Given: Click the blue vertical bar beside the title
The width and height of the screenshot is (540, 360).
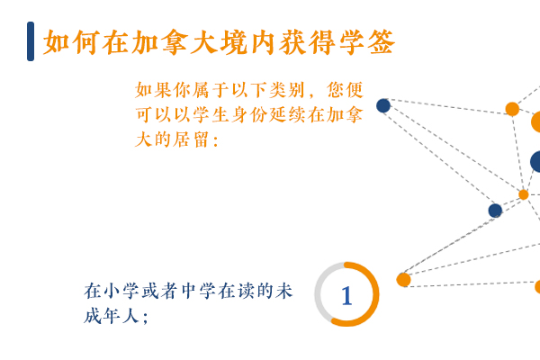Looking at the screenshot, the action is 31,41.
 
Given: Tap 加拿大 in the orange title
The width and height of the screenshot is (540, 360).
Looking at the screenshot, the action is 174,42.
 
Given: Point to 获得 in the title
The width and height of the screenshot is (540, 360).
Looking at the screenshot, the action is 308,42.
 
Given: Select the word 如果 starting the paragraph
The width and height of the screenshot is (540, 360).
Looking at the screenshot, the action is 153,90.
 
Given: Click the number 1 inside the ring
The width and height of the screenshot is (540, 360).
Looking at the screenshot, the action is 346,295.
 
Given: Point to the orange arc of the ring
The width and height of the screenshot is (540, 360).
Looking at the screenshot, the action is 375,294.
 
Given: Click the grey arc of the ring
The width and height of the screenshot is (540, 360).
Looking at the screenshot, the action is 317,294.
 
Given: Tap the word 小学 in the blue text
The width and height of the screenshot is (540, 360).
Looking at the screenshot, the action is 121,291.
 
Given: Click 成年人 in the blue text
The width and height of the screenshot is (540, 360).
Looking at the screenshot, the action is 112,316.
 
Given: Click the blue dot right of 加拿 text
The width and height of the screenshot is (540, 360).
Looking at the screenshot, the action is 383,106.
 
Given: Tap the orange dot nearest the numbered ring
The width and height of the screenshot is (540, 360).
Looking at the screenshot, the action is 403,280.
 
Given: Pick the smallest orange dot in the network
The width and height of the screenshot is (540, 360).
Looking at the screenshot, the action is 524,194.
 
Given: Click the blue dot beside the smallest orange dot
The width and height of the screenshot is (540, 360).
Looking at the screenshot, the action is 495,211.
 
